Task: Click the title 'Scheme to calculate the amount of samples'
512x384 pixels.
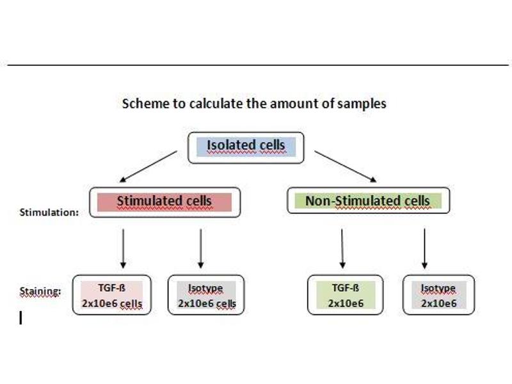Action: [254, 103]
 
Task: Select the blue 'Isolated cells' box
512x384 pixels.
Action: [246, 147]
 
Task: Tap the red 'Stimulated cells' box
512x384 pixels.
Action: [164, 202]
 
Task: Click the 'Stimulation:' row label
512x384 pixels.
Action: [49, 212]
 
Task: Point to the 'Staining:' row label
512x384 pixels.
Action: [40, 292]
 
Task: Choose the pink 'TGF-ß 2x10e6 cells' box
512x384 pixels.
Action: [112, 295]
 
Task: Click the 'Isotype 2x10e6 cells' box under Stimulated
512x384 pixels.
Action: [206, 295]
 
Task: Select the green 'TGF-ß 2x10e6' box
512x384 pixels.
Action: [346, 295]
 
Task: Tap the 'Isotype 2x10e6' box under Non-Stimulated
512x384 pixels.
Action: [439, 295]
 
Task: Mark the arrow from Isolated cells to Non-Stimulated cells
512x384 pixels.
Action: [346, 166]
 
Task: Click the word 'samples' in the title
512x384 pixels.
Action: [362, 103]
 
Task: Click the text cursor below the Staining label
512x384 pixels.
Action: [21, 317]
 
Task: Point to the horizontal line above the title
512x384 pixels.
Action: [256, 65]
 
